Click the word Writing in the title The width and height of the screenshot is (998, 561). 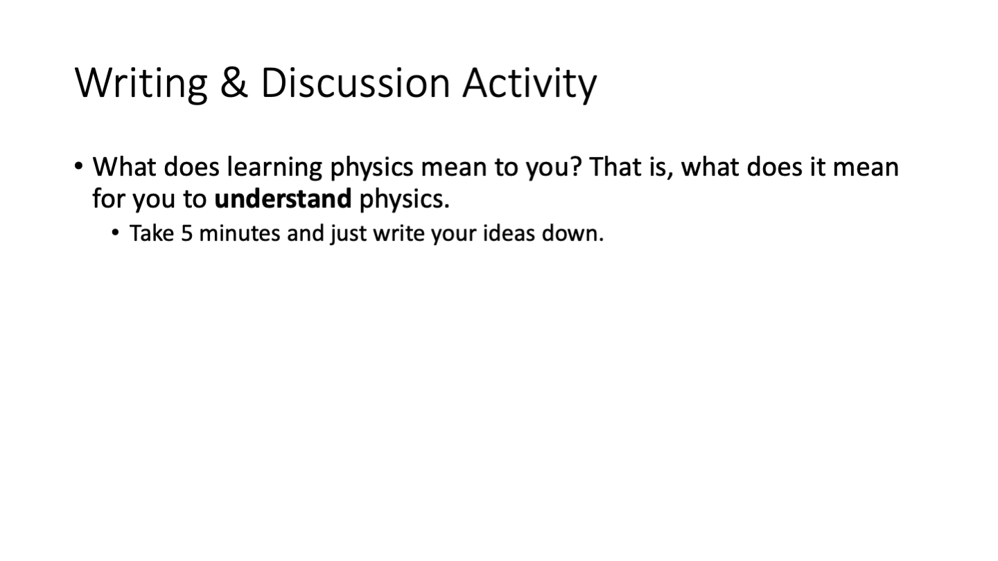tap(141, 84)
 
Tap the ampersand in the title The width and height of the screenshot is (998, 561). tap(234, 83)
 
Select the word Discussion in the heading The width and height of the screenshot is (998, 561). tap(355, 83)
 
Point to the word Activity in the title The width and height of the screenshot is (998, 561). tap(529, 84)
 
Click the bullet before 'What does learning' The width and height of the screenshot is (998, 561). tap(79, 166)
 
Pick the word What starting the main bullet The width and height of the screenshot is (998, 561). tap(124, 167)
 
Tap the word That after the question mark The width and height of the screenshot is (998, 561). tap(615, 166)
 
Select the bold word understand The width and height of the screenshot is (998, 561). tap(283, 199)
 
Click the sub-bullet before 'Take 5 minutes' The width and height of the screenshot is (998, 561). tap(115, 233)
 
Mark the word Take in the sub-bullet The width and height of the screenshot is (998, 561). tap(152, 233)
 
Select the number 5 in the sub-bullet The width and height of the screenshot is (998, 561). tap(186, 234)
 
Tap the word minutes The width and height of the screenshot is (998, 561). tap(239, 234)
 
